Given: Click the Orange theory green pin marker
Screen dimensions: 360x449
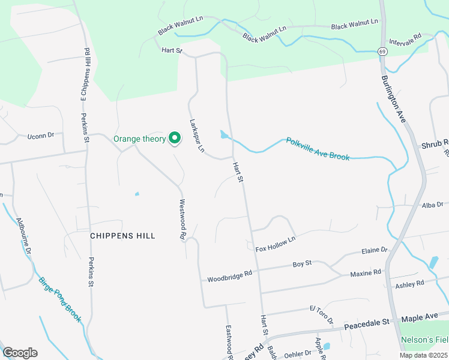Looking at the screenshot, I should click(x=175, y=138).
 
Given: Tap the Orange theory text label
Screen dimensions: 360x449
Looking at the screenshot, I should click(x=140, y=139).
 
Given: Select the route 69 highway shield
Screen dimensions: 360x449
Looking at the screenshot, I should click(x=382, y=52).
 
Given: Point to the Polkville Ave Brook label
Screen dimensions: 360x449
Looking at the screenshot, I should click(x=318, y=149).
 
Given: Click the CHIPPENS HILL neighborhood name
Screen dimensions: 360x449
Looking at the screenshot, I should click(x=122, y=236).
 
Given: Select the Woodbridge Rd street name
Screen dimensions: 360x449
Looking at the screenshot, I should click(x=230, y=277).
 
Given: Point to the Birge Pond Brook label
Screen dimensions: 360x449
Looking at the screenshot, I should click(x=59, y=299).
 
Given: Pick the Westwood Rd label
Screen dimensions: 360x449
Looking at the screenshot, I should click(x=182, y=220).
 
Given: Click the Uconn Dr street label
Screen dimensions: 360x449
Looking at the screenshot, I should click(x=41, y=136).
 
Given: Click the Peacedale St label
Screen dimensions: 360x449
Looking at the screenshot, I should click(x=367, y=326).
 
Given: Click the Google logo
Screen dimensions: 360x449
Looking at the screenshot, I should click(x=20, y=353).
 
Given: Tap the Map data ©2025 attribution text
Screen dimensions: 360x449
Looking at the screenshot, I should click(x=423, y=355).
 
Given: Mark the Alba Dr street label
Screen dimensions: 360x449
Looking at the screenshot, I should click(x=432, y=205).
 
